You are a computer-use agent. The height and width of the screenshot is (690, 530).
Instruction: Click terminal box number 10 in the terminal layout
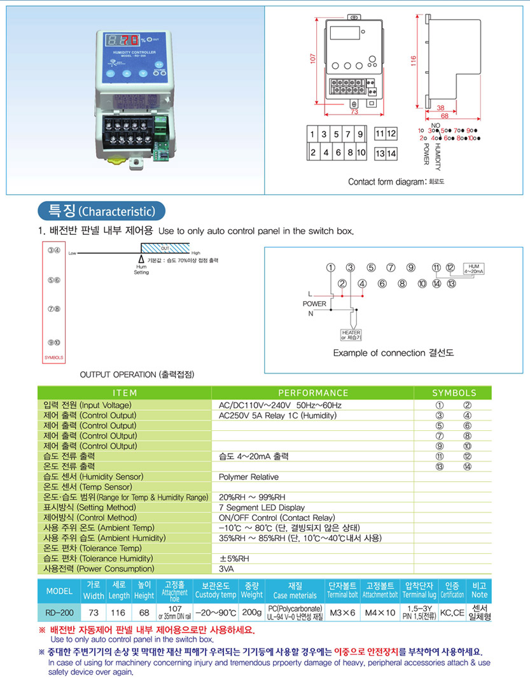[361, 153]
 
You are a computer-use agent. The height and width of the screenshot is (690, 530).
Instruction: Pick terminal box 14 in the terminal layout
[392, 153]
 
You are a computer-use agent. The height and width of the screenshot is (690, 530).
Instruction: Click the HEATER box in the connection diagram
[351, 334]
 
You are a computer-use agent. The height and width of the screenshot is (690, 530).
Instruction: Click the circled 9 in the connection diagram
[411, 267]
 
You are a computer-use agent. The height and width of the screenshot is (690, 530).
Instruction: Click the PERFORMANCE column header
[313, 393]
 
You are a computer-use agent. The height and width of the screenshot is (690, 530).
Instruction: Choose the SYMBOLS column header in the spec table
[454, 393]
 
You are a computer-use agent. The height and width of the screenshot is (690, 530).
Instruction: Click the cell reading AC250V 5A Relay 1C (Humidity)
[277, 416]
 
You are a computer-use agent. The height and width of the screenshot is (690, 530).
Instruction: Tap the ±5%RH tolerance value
[233, 558]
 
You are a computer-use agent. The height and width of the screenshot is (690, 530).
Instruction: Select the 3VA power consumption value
[226, 568]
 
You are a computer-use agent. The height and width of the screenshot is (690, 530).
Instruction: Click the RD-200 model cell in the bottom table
[59, 612]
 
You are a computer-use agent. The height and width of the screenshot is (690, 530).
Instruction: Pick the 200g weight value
[251, 612]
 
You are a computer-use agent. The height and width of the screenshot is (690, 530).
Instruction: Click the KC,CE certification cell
[453, 612]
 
